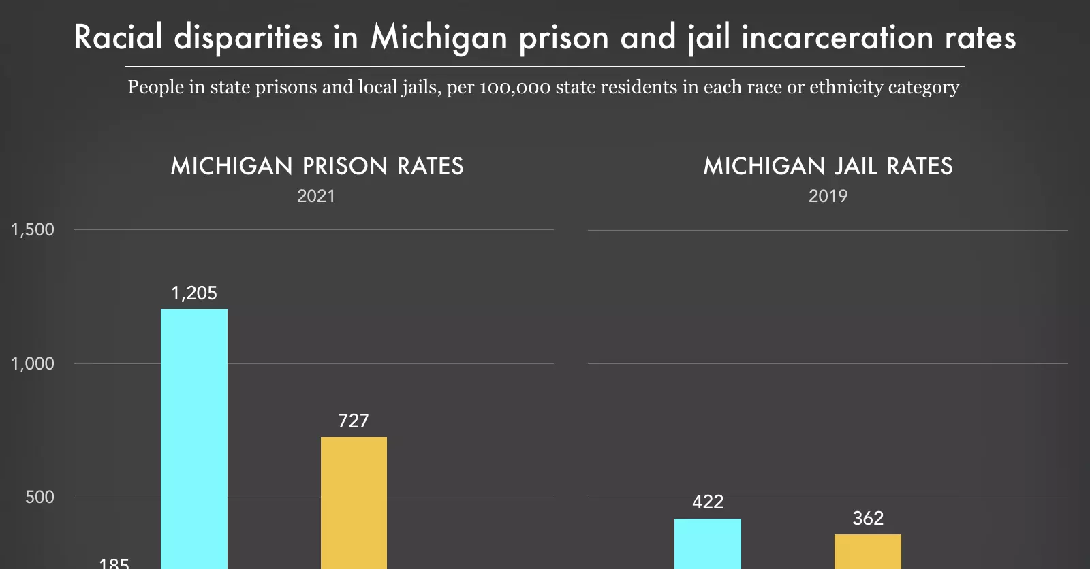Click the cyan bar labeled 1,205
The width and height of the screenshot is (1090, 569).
(194, 439)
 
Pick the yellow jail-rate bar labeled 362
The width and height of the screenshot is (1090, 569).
(867, 551)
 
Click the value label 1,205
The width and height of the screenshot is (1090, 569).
(194, 293)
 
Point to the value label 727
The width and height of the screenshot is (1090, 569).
(354, 421)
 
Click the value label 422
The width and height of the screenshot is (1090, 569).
(708, 502)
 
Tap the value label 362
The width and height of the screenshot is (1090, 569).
(868, 519)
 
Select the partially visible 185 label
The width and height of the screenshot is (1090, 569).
(114, 564)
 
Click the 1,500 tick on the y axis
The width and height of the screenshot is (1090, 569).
(33, 230)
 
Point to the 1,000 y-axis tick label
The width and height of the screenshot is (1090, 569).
(33, 363)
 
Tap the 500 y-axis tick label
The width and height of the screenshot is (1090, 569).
(40, 498)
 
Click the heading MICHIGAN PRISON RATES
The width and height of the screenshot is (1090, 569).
(317, 166)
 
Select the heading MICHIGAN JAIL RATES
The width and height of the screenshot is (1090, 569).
(828, 166)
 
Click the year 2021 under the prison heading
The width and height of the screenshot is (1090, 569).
(316, 197)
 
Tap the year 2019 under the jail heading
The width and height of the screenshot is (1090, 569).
(828, 197)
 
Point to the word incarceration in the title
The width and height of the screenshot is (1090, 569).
(837, 37)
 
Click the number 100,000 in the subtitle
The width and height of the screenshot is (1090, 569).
(515, 88)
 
